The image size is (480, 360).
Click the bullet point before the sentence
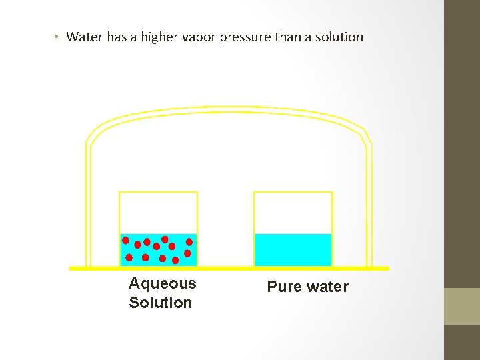tap(57, 37)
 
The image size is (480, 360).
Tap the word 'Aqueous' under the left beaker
tap(163, 283)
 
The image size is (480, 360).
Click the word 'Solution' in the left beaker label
tap(160, 303)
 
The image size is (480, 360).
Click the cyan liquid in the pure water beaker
tap(293, 249)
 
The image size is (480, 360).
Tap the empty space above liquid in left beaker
tap(158, 212)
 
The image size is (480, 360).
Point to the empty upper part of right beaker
tap(293, 212)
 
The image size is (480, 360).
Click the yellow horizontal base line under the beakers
tap(229, 268)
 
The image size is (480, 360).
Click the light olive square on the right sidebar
tap(462, 306)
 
